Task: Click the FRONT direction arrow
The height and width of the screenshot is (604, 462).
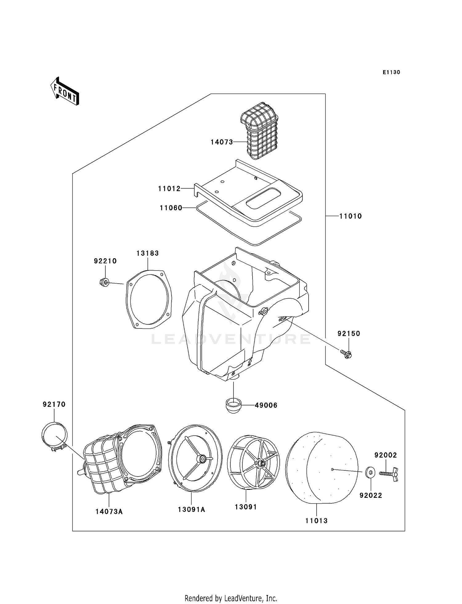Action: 65,91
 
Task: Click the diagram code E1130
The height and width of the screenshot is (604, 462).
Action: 391,72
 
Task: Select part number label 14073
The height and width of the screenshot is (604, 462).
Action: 221,142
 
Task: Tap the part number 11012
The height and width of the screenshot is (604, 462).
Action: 169,189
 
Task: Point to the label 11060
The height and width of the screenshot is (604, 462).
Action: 171,208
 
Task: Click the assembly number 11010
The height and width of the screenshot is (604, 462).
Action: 350,216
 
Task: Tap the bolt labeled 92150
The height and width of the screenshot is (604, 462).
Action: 347,354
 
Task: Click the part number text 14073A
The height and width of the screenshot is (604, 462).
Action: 109,512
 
